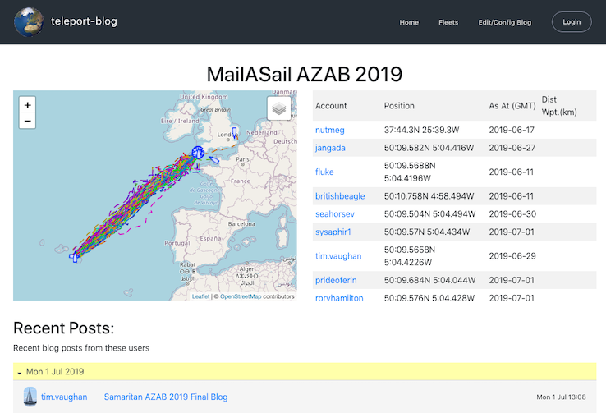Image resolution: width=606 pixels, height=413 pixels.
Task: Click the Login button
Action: pos(572,22)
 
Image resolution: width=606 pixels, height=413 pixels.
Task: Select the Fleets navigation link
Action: pos(448,22)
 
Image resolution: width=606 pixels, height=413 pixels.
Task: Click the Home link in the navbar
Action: pos(409,22)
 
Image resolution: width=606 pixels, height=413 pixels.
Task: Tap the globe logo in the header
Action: pos(29,22)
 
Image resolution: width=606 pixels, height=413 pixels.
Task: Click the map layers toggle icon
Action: pos(278,108)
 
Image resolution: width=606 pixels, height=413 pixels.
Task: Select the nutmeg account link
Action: pos(330,130)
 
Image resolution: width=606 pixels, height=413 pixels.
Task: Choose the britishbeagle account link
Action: pos(340,196)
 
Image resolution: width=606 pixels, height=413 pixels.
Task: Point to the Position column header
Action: pos(399,106)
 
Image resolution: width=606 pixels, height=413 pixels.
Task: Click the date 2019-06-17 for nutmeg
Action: pos(511,130)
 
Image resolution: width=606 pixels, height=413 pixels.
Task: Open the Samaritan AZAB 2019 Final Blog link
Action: pos(165,397)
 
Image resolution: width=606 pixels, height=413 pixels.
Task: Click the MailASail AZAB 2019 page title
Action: pos(304,74)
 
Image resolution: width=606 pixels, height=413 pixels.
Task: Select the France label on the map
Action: pos(240,180)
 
